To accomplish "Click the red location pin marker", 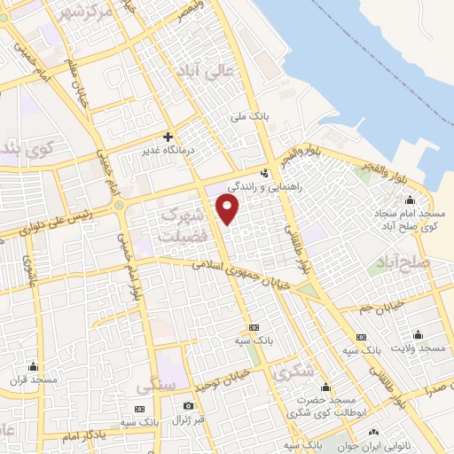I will pyautogui.click(x=229, y=210).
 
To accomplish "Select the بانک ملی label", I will pyautogui.click(x=248, y=116).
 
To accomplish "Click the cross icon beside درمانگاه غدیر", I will pyautogui.click(x=167, y=137).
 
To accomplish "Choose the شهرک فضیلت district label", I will pyautogui.click(x=183, y=226).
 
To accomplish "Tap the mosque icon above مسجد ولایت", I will pyautogui.click(x=419, y=335).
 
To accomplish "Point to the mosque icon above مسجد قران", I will pyautogui.click(x=34, y=366).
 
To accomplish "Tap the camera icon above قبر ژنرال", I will pyautogui.click(x=187, y=405).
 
